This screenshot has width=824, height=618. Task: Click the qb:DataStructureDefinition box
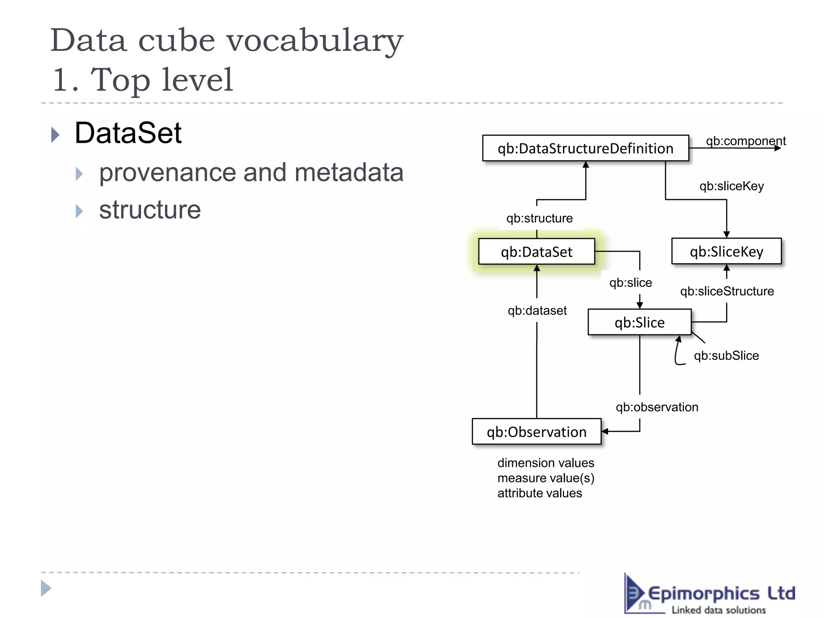click(x=585, y=148)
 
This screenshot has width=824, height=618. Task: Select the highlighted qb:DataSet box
click(x=536, y=252)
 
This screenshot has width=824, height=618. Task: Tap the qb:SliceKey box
click(x=726, y=251)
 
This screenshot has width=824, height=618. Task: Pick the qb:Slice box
click(x=639, y=322)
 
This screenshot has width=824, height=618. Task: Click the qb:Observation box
click(x=536, y=432)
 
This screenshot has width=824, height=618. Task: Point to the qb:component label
click(x=746, y=141)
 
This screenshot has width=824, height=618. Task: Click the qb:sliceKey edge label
click(x=731, y=186)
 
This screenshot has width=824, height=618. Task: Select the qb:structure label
click(x=539, y=218)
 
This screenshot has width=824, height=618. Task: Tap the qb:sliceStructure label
click(x=727, y=291)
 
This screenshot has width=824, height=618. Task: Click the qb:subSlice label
click(x=726, y=356)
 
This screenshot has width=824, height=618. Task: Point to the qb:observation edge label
click(x=657, y=407)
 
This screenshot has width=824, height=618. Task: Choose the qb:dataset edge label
click(x=537, y=311)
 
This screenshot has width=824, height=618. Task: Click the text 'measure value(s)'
click(x=546, y=478)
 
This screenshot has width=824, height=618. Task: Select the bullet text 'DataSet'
click(x=128, y=133)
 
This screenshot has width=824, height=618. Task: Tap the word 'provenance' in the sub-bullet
click(x=167, y=173)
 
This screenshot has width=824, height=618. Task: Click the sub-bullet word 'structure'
click(x=150, y=210)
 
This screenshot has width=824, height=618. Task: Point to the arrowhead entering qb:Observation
click(x=605, y=432)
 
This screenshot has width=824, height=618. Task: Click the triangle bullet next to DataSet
click(x=56, y=135)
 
